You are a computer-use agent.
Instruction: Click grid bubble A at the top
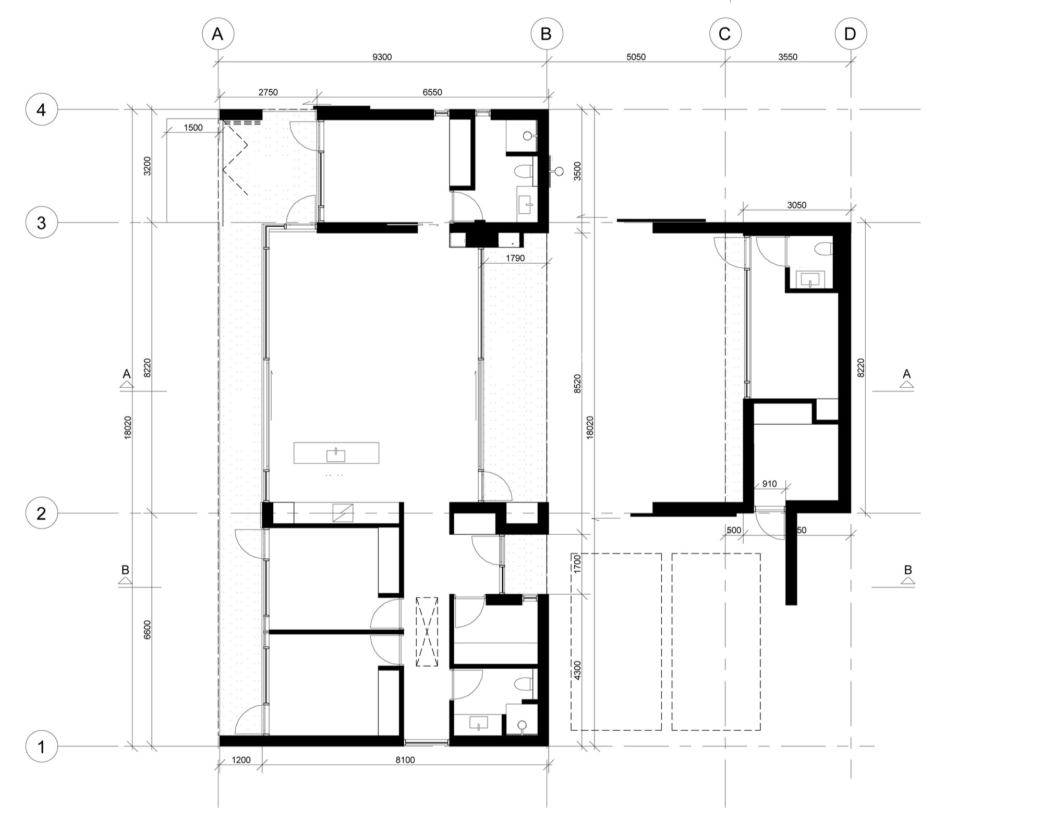(218, 34)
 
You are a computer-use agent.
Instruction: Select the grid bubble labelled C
(725, 34)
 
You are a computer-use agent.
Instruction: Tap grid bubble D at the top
(851, 34)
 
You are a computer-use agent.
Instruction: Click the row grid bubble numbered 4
(41, 109)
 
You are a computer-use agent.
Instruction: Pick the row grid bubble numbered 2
(41, 513)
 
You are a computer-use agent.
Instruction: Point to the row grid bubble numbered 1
(41, 746)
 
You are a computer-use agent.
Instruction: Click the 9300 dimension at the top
(382, 57)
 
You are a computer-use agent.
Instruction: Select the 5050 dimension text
(636, 57)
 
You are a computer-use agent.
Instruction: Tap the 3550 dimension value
(787, 57)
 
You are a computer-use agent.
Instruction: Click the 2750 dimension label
(268, 92)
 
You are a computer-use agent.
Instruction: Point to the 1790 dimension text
(515, 258)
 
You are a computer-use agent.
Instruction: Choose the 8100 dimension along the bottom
(405, 760)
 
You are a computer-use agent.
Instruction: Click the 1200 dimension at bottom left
(241, 760)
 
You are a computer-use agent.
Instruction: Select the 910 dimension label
(769, 484)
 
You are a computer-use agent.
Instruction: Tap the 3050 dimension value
(796, 205)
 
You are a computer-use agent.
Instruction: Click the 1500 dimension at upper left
(193, 128)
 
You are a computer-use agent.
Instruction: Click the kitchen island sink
(336, 455)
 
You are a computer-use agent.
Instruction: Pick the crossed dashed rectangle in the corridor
(427, 632)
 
